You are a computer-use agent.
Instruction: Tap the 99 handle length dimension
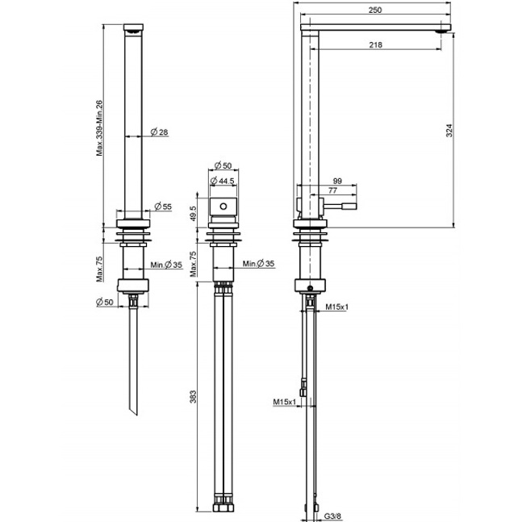337,182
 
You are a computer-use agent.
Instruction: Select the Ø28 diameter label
159,132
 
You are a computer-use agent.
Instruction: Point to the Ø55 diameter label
163,207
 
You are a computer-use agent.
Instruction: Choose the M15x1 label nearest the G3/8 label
286,401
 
